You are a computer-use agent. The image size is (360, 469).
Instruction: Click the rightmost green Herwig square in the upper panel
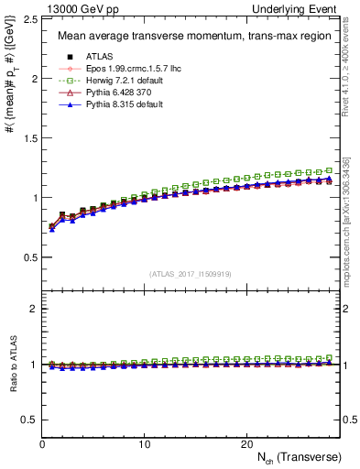(330, 170)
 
